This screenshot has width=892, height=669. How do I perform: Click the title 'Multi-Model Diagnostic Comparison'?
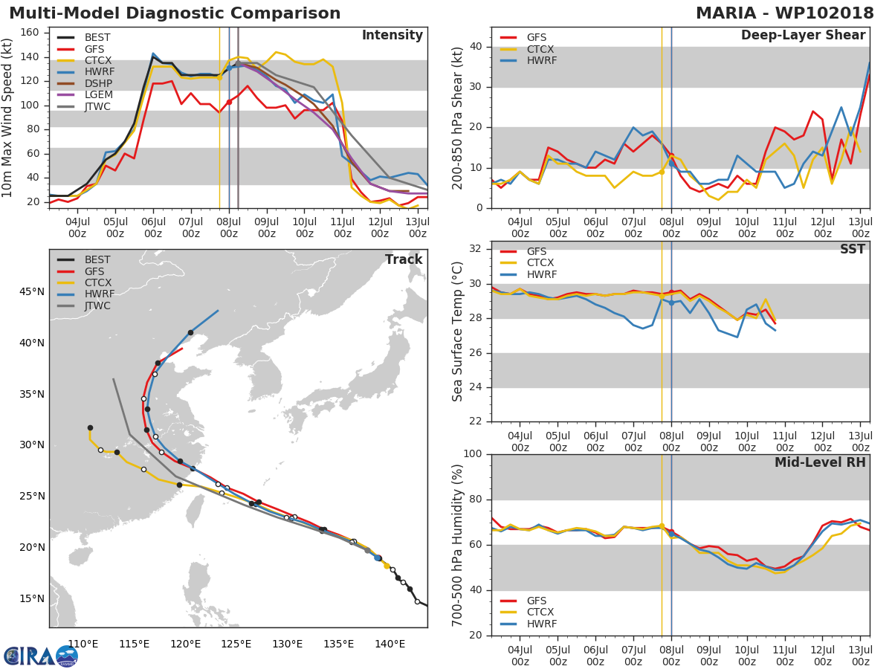[175, 13]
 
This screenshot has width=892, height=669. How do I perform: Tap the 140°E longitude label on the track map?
[390, 644]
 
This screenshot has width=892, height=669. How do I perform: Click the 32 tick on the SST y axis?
[477, 249]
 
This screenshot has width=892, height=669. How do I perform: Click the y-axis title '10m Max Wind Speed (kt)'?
[8, 119]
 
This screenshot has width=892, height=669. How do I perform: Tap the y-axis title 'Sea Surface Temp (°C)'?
[458, 332]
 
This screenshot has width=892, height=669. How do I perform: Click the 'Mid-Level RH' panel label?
[819, 462]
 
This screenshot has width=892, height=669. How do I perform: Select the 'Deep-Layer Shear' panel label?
[803, 36]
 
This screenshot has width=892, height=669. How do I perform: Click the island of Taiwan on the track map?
[195, 510]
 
